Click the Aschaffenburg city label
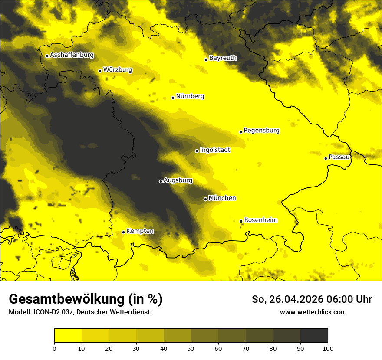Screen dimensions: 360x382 click(x=72, y=55)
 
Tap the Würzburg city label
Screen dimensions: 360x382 click(x=118, y=69)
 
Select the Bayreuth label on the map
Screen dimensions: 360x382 click(x=223, y=58)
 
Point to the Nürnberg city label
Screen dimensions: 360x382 click(x=190, y=96)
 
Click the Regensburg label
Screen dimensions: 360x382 click(x=261, y=131)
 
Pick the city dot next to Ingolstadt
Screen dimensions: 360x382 click(x=197, y=151)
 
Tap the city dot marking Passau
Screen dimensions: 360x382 click(x=326, y=158)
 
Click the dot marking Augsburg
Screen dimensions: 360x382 click(x=161, y=181)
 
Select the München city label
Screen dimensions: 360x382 click(x=222, y=198)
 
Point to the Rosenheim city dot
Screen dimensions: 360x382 click(x=241, y=221)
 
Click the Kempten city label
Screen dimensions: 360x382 click(x=140, y=231)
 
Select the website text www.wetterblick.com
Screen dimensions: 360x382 click(x=313, y=312)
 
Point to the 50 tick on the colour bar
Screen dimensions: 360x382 click(x=191, y=348)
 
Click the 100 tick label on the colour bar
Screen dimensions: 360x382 click(x=328, y=348)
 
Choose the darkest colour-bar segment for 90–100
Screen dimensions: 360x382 click(x=314, y=336)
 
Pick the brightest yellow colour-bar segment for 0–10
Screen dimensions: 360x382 click(x=68, y=336)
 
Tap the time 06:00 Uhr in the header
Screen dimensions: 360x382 click(x=351, y=299)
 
